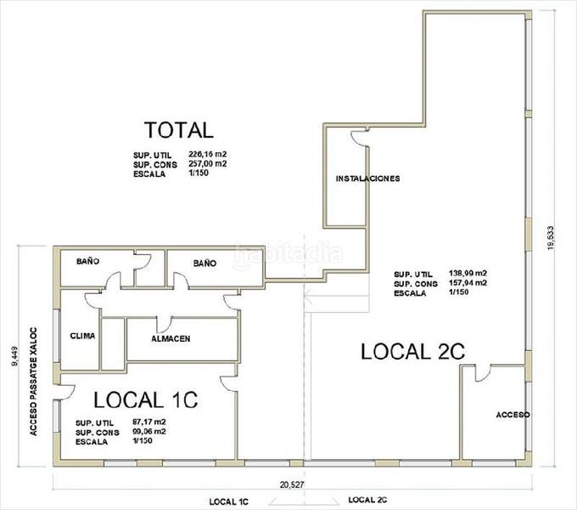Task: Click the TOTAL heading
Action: point(178,130)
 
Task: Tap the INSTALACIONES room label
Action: point(367,178)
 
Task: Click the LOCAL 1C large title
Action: point(145,399)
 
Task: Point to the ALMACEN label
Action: point(171,338)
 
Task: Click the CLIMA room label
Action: point(82,336)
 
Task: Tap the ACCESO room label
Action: point(513,415)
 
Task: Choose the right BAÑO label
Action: point(204,263)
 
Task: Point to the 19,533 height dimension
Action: point(552,237)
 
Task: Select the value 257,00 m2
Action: point(208,164)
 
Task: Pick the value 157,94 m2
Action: point(469,283)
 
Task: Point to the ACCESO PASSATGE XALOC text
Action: point(35,381)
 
